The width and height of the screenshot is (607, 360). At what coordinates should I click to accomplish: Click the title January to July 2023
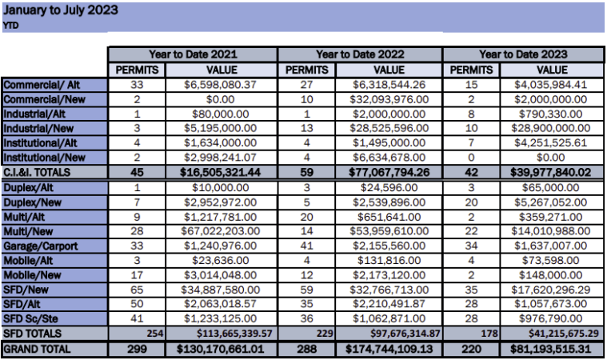pyautogui.click(x=61, y=10)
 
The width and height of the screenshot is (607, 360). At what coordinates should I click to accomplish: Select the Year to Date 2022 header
pyautogui.click(x=360, y=54)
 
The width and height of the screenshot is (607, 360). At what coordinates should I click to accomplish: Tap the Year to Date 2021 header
pyautogui.click(x=194, y=54)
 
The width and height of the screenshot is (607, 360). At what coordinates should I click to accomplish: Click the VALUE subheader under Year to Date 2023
pyautogui.click(x=552, y=70)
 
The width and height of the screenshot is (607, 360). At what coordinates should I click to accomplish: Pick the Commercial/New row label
pyautogui.click(x=44, y=99)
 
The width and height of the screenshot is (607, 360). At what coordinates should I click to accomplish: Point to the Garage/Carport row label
pyautogui.click(x=41, y=246)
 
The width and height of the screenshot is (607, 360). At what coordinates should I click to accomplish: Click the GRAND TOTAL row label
pyautogui.click(x=37, y=349)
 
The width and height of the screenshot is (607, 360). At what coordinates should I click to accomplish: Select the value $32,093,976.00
pyautogui.click(x=389, y=99)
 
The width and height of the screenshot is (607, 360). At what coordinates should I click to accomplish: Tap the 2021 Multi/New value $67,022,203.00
pyautogui.click(x=220, y=231)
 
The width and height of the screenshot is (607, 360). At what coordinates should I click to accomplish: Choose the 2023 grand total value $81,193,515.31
pyautogui.click(x=550, y=349)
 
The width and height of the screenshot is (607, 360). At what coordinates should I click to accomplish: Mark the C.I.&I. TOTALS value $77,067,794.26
pyautogui.click(x=389, y=172)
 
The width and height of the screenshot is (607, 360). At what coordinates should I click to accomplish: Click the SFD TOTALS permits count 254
pyautogui.click(x=155, y=334)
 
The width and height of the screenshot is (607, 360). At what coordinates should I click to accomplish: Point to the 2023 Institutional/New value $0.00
pyautogui.click(x=550, y=158)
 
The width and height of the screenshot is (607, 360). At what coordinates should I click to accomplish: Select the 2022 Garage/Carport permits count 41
pyautogui.click(x=306, y=246)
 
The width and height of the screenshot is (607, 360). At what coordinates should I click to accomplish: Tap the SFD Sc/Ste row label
pyautogui.click(x=30, y=319)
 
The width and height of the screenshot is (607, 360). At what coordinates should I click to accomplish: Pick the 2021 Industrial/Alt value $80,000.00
pyautogui.click(x=220, y=114)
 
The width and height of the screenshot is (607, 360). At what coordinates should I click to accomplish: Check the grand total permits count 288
pyautogui.click(x=306, y=349)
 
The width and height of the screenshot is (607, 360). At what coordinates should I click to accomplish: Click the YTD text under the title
pyautogui.click(x=10, y=26)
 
